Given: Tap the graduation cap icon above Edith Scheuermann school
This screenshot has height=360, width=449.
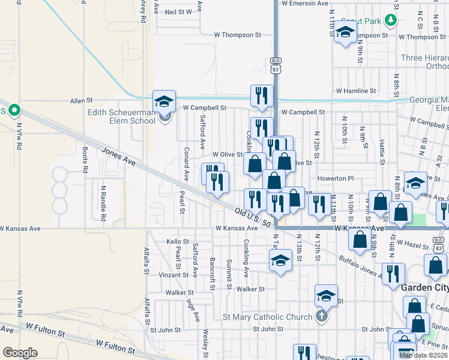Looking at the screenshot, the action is (x=164, y=101).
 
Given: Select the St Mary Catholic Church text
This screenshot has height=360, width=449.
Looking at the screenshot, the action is (x=267, y=317).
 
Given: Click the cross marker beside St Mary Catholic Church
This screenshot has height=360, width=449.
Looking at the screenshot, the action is (x=322, y=316).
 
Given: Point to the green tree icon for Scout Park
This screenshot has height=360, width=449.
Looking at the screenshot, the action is (x=391, y=21).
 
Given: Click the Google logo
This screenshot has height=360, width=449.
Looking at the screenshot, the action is (x=20, y=353).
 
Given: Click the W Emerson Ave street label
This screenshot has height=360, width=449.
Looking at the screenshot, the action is (x=304, y=4).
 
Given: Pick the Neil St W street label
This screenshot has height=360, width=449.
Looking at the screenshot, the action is (x=178, y=11).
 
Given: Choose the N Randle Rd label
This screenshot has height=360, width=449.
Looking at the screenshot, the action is (x=103, y=202).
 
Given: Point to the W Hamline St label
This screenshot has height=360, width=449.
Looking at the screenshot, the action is (x=355, y=91).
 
